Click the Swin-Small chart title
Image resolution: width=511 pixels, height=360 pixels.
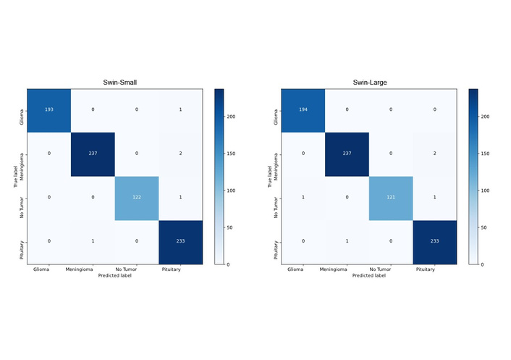114,83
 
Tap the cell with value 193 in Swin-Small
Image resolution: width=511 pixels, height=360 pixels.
49,110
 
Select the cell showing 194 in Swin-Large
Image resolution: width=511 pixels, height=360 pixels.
303,110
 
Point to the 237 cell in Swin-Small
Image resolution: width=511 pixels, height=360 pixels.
93,154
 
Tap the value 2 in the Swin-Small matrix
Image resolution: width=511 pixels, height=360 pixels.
180,154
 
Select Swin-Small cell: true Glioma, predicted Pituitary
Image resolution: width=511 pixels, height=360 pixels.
180,110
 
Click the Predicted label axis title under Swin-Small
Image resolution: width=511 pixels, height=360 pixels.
114,276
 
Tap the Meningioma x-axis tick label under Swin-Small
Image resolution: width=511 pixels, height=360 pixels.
93,269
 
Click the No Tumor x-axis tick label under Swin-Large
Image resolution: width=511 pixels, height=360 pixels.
391,269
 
